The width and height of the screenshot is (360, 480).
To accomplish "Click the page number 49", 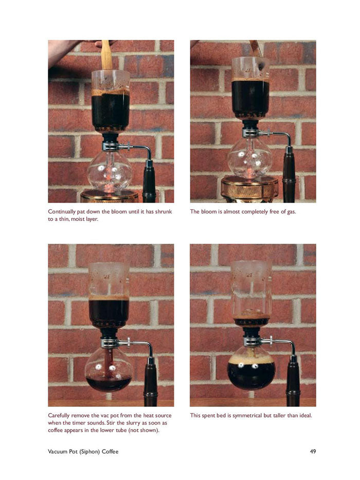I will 313,452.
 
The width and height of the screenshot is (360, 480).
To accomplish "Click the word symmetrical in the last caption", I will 246,415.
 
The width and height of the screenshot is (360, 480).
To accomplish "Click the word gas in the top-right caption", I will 291,211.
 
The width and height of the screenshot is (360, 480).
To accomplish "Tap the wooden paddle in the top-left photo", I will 106,55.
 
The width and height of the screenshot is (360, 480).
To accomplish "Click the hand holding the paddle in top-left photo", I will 67,49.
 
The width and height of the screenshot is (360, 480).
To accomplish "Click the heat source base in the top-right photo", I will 249,191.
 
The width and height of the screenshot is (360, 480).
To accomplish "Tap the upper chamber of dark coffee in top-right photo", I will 250,98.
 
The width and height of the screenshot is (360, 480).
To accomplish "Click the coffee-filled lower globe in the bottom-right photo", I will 251,373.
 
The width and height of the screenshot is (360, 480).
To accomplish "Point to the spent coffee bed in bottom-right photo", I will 250,315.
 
